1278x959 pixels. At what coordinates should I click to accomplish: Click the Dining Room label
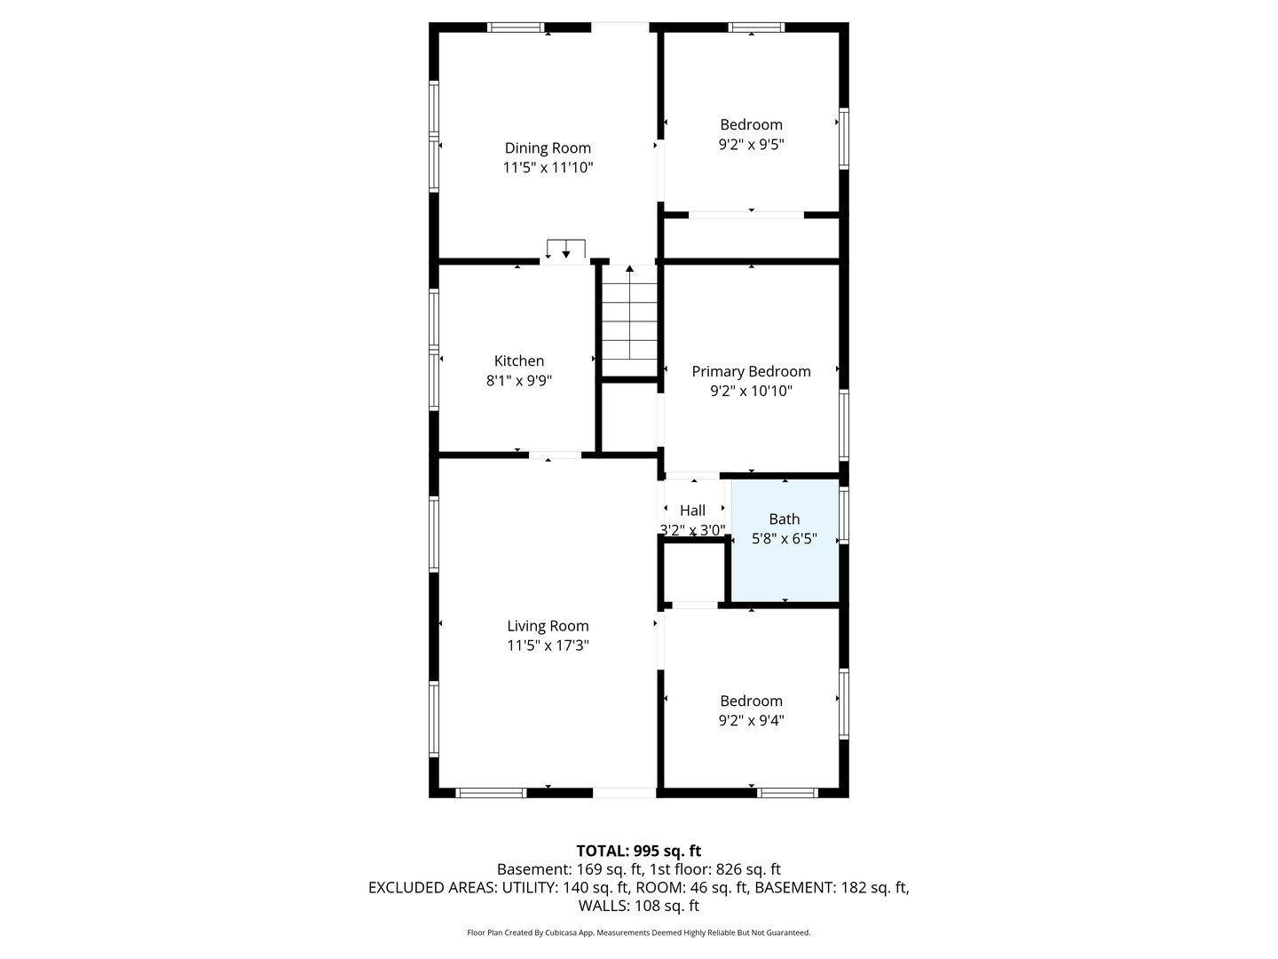(x=548, y=148)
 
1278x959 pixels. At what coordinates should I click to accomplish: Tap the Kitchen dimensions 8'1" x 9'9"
(x=519, y=381)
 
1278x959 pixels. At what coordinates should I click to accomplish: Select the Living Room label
(x=548, y=626)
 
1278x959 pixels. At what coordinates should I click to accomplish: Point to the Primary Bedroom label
(x=751, y=371)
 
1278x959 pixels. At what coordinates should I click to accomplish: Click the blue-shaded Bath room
(x=785, y=541)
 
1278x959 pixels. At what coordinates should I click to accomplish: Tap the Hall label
(x=692, y=511)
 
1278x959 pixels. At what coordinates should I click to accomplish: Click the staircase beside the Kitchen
(x=629, y=321)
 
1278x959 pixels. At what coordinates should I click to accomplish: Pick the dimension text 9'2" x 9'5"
(x=751, y=145)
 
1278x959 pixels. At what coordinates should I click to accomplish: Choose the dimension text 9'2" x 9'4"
(x=751, y=721)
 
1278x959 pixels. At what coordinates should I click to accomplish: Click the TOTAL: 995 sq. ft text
(x=639, y=851)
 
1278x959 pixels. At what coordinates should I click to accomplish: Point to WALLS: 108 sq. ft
(x=639, y=906)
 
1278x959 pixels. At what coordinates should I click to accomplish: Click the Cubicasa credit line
(x=639, y=932)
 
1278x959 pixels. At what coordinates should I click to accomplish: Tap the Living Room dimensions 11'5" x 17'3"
(x=548, y=646)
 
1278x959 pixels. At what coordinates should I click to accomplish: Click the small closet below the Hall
(x=693, y=572)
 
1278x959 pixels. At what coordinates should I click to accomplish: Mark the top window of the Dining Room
(x=516, y=28)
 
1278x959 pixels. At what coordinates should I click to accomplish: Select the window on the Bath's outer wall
(x=844, y=515)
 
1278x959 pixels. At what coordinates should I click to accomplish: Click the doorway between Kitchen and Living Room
(x=555, y=455)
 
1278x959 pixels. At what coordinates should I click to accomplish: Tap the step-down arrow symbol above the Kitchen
(x=566, y=249)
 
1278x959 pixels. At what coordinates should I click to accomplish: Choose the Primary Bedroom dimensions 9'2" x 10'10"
(x=751, y=391)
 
